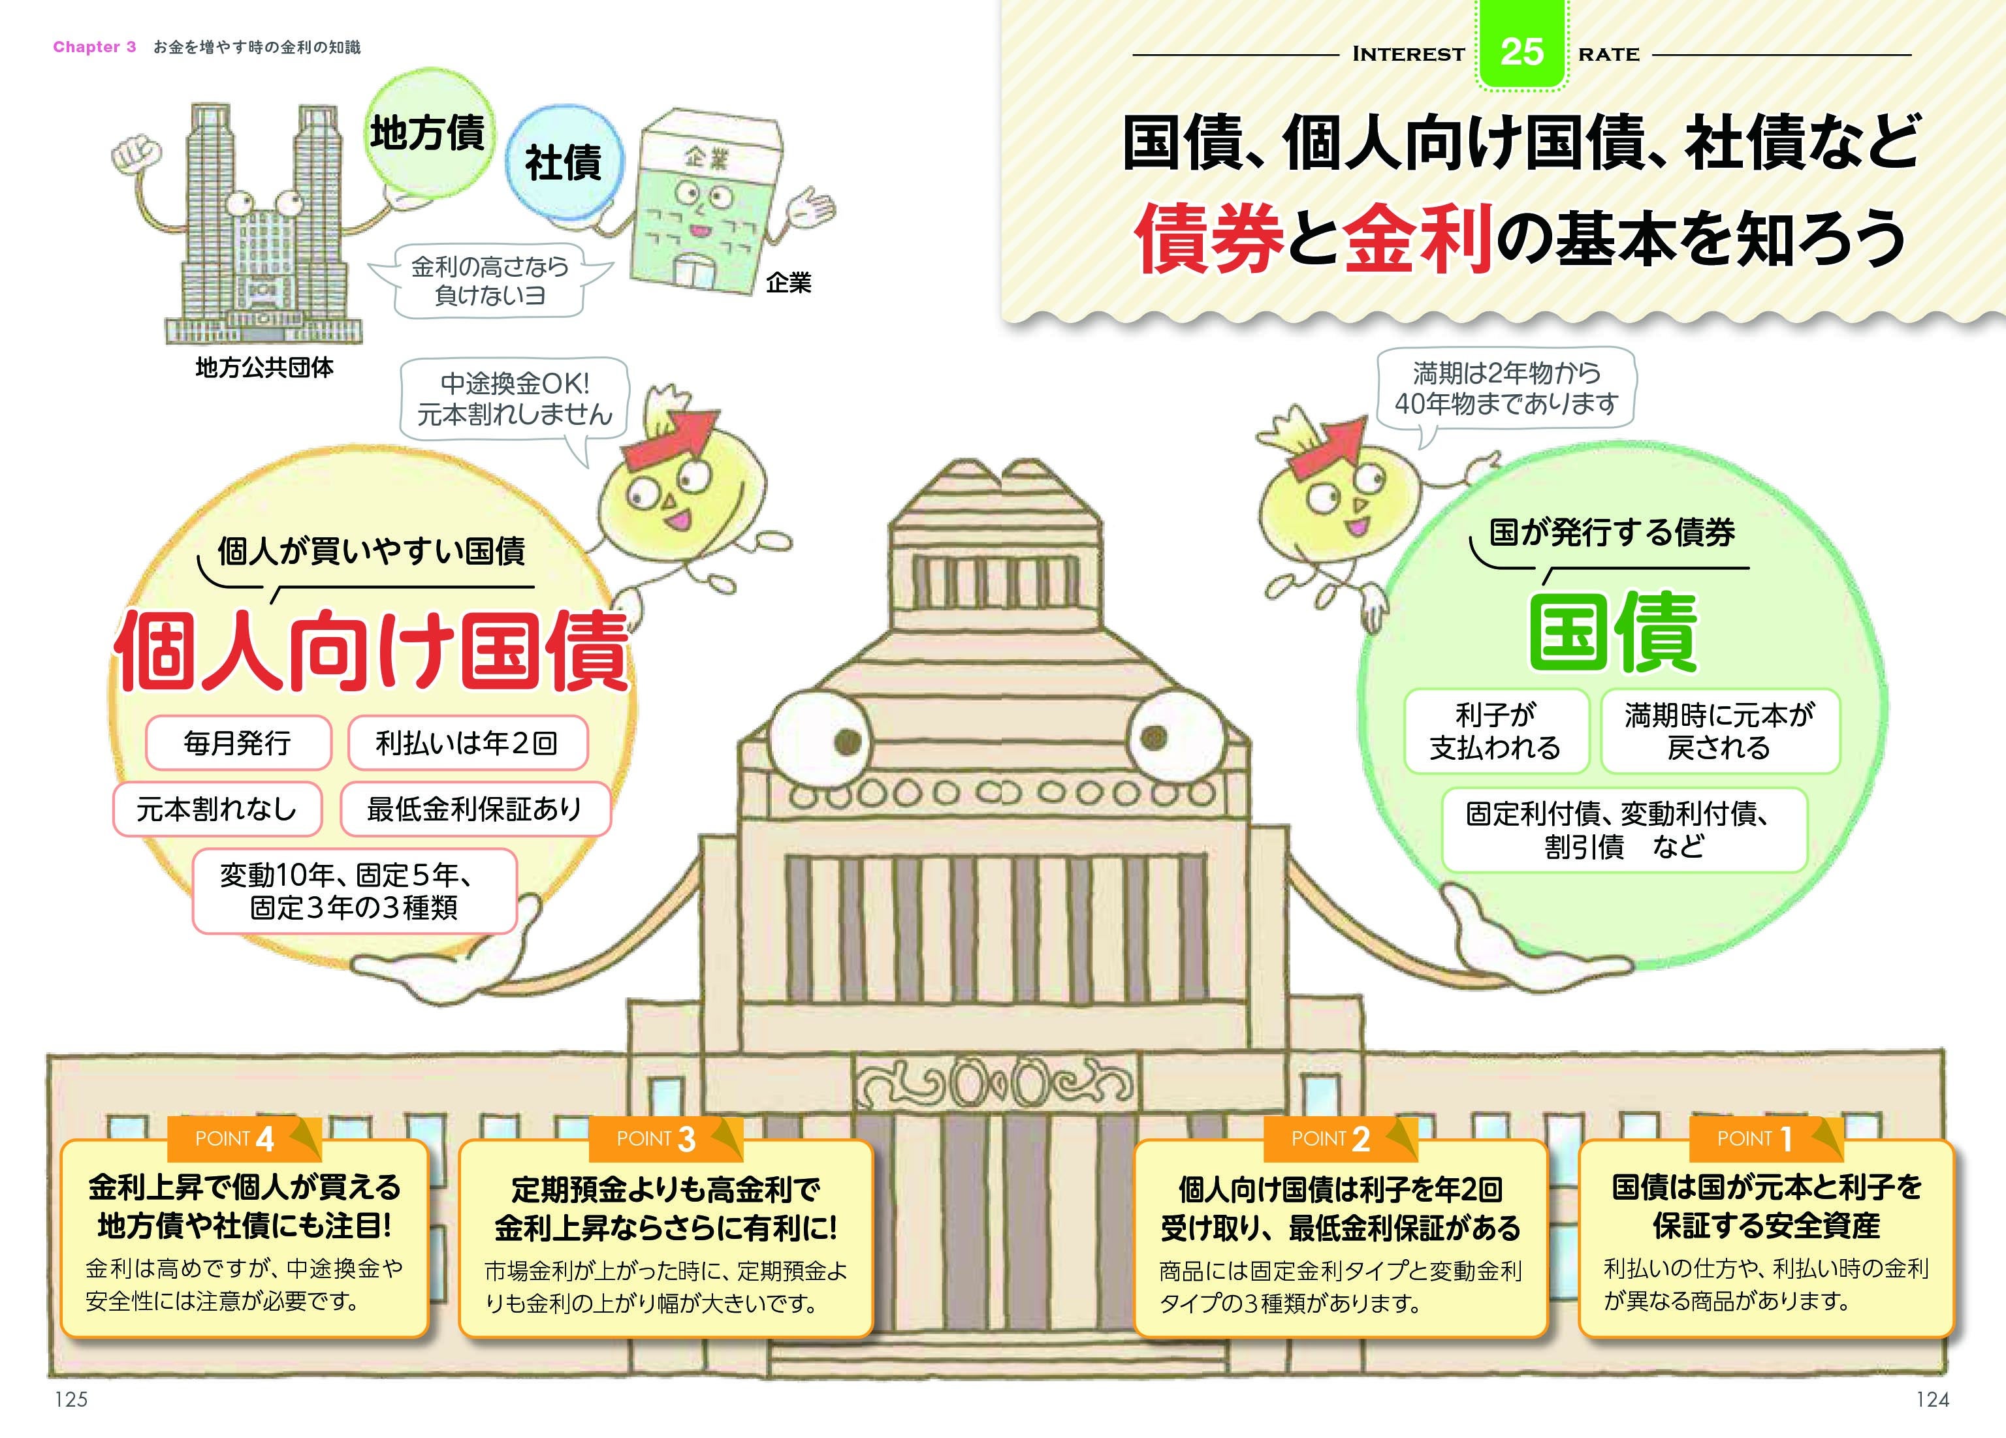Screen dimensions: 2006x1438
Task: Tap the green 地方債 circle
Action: [x=428, y=133]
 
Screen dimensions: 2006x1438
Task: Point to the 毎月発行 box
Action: [x=238, y=743]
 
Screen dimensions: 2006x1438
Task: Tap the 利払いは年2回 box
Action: [x=467, y=743]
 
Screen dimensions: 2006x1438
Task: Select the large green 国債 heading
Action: [x=1614, y=633]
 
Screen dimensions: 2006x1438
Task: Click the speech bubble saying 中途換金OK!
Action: [x=515, y=399]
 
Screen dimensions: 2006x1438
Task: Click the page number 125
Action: [x=72, y=1399]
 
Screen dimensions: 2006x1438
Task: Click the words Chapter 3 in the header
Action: [x=95, y=47]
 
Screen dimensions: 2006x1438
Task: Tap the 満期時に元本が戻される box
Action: [x=1719, y=731]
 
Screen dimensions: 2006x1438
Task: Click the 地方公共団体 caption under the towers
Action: [x=264, y=368]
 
